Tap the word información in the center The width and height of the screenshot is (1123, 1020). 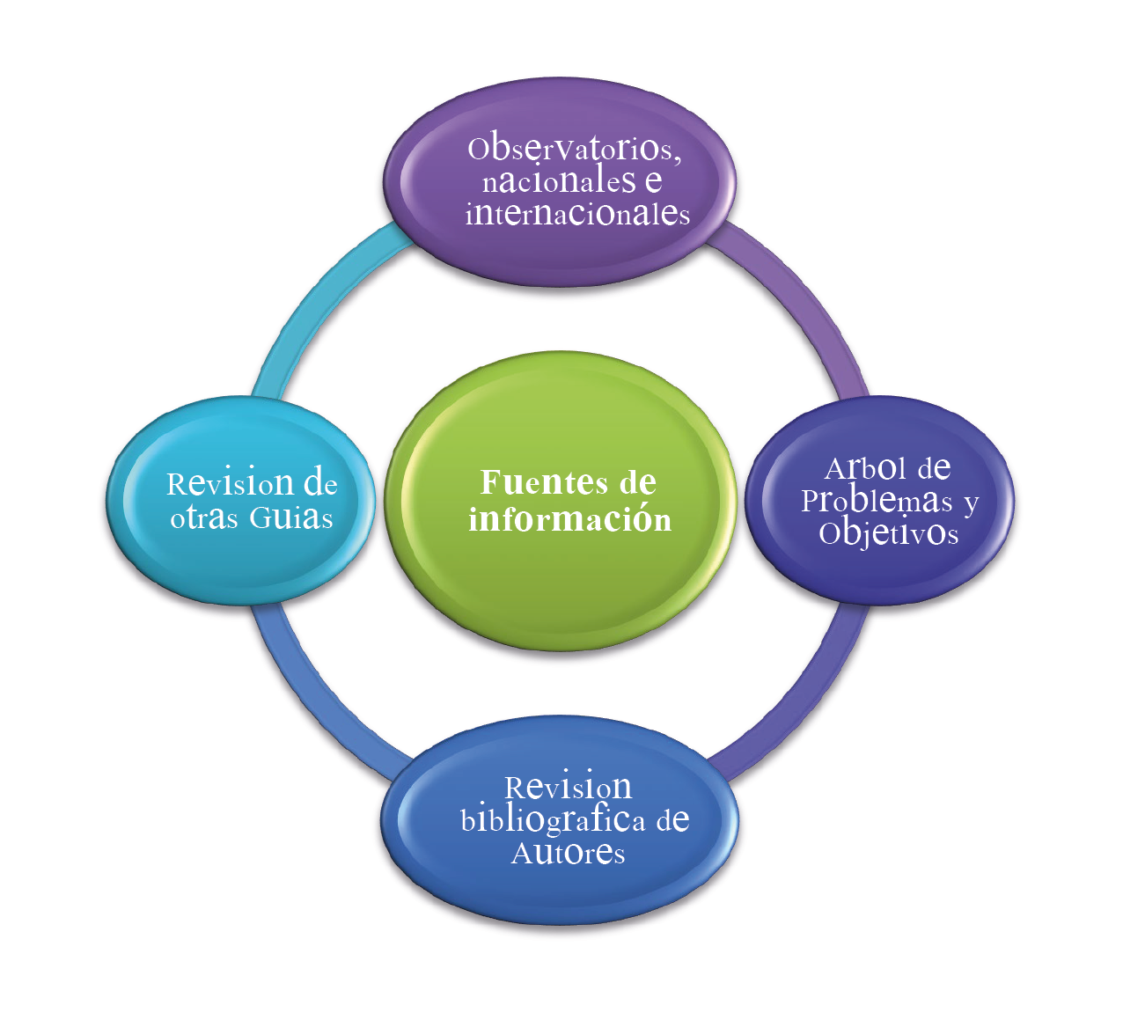click(x=569, y=519)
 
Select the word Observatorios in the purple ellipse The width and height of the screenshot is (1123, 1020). click(x=572, y=149)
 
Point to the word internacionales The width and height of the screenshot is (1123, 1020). click(x=577, y=214)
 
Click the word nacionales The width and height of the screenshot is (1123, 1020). click(x=559, y=181)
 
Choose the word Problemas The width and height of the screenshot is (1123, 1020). click(x=877, y=501)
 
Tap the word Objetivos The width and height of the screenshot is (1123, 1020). click(x=888, y=533)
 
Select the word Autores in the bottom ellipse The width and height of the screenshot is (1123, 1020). click(x=568, y=853)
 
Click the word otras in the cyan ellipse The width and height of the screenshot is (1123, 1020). click(x=204, y=518)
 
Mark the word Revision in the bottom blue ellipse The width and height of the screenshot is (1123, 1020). click(x=568, y=786)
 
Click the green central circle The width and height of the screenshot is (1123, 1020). click(x=563, y=581)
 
